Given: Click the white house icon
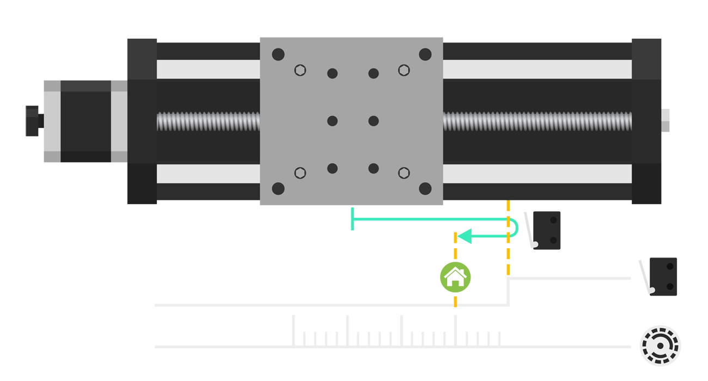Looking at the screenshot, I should coord(455,277).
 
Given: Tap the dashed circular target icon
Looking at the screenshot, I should coord(660,345).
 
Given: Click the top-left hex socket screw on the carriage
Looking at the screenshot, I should coord(300,70).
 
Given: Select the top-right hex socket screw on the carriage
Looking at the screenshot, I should coord(404,70).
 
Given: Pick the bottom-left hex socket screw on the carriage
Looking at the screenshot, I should coord(300,173).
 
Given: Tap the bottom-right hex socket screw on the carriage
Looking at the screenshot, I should coord(404,173).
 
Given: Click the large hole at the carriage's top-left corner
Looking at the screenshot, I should coord(278,54).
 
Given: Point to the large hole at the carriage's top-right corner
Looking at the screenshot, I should coord(425,54).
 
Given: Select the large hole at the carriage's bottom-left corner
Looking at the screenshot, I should coord(278,188).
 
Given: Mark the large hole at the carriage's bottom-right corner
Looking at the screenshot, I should coord(425,188).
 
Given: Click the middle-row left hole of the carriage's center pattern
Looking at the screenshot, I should coord(332,121).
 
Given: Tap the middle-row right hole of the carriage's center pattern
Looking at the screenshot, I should coord(374,121).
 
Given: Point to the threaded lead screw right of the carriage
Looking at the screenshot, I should coord(536,121).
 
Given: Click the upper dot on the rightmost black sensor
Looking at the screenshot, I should coord(670,266).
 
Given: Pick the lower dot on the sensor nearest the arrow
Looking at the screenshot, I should coord(553,240).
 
